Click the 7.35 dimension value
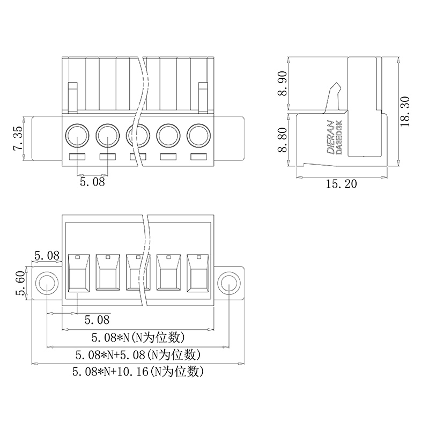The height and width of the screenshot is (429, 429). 18,138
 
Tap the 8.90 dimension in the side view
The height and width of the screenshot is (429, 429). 283,84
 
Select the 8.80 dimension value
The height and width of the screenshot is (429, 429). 283,139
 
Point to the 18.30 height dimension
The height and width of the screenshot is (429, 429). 405,112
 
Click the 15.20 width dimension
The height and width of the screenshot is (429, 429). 342,184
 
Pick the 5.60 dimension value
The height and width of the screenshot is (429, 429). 20,283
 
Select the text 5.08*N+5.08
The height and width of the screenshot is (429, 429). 110,355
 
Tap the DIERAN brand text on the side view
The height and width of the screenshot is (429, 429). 331,137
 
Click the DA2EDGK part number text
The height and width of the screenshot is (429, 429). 339,137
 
